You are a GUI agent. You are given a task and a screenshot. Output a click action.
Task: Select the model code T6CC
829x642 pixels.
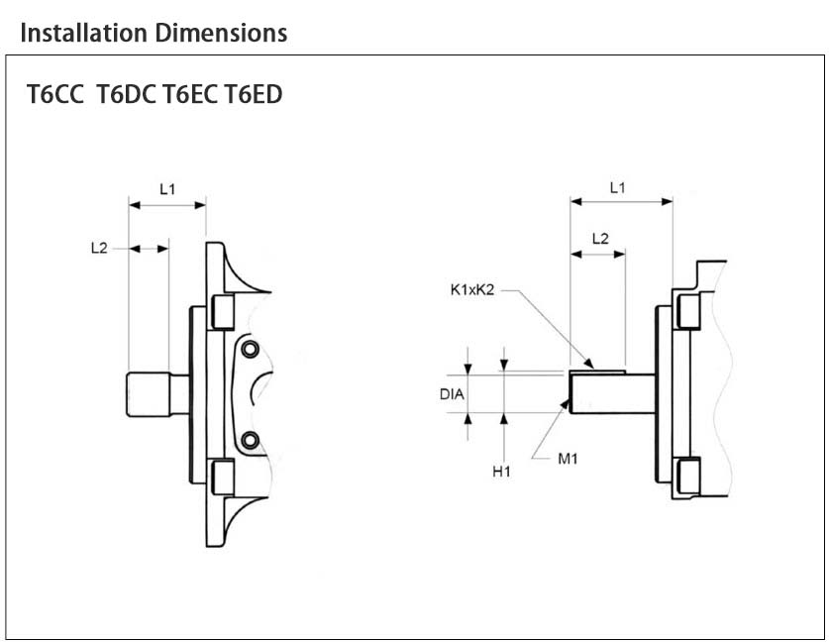pos(56,96)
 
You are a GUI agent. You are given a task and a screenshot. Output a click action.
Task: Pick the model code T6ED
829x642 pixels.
pos(254,96)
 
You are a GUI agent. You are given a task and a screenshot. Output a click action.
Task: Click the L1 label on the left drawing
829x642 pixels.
pos(167,186)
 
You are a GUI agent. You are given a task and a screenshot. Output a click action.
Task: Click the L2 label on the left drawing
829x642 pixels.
pos(98,249)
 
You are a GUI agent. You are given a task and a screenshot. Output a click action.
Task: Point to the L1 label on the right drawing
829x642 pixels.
pos(618,186)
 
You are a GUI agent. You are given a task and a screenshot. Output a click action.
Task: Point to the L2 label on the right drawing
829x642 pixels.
pos(599,238)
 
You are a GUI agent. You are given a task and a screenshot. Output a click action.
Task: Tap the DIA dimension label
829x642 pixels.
pos(453,393)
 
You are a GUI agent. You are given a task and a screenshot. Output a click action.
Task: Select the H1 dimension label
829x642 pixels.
pos(502,472)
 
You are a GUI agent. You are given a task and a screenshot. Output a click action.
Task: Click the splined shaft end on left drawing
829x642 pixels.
pos(148,393)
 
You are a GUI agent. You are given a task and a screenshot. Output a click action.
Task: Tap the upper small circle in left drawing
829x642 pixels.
pos(251,348)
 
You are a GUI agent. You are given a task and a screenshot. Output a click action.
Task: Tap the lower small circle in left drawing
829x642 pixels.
pos(251,439)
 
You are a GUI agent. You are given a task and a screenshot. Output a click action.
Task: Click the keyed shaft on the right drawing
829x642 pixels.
pos(608,392)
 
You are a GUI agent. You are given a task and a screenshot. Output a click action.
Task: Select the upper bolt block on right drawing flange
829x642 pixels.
pos(688,311)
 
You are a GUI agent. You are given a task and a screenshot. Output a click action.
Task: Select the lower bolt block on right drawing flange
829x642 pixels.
pos(688,475)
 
